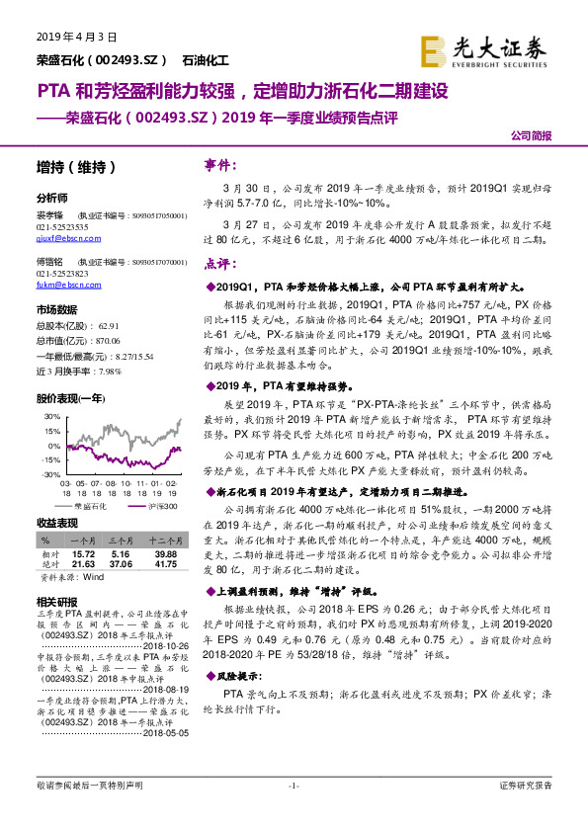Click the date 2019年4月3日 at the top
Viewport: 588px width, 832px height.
pos(67,37)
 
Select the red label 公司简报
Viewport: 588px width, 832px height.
pos(531,135)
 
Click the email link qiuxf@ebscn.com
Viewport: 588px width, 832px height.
pos(62,238)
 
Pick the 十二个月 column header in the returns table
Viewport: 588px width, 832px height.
pos(162,542)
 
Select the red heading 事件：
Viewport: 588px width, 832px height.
pos(217,164)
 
